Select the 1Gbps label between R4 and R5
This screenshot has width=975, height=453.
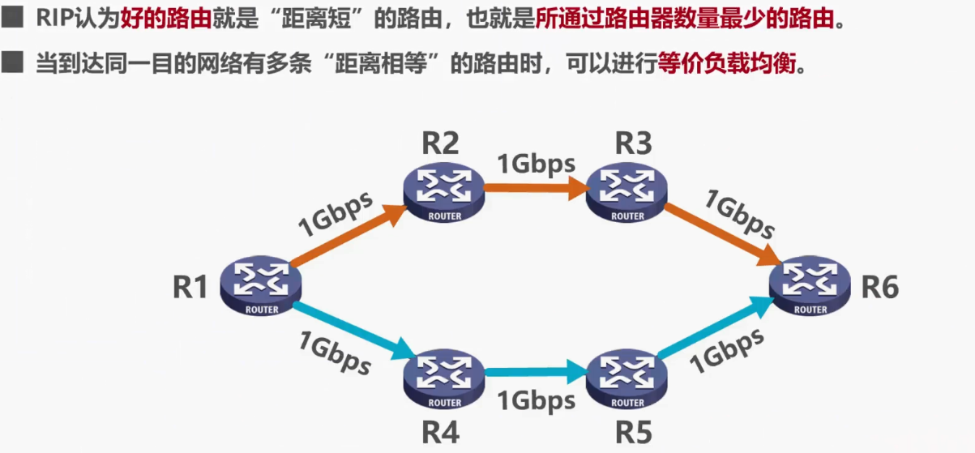coord(536,401)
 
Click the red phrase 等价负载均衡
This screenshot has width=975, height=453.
coord(727,64)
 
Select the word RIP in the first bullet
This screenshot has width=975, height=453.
coord(53,18)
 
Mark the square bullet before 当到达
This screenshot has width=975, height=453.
coord(13,62)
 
